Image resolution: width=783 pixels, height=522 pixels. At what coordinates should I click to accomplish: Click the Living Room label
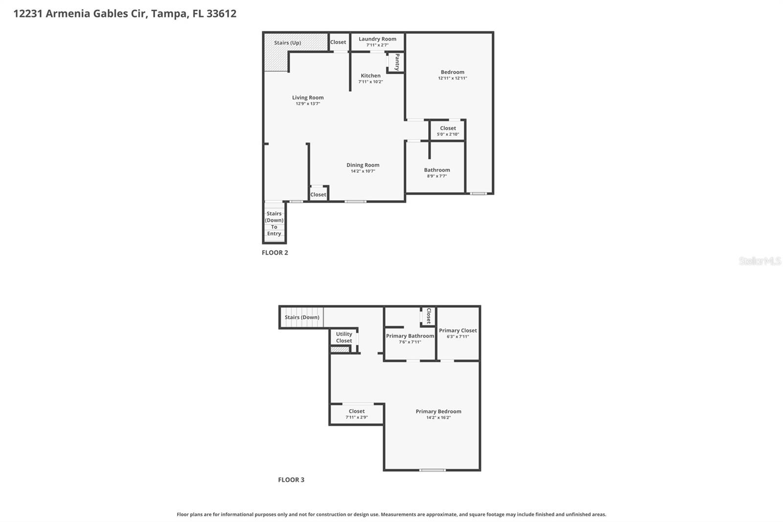tap(308, 97)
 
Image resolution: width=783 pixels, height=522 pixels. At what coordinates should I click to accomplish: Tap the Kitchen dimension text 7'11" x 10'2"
tap(370, 82)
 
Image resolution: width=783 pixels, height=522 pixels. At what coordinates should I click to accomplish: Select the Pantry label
tap(397, 62)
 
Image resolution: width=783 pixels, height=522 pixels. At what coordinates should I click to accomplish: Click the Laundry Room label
tap(377, 39)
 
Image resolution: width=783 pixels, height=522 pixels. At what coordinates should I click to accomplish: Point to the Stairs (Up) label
tap(287, 43)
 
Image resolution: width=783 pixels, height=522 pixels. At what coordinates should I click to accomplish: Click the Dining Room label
tap(363, 165)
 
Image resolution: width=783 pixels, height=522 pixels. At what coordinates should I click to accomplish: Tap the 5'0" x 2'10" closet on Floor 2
tap(448, 131)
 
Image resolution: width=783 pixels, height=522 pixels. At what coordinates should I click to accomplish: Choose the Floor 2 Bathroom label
tap(437, 170)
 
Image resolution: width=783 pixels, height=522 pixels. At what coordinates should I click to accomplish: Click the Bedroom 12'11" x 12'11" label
tap(452, 72)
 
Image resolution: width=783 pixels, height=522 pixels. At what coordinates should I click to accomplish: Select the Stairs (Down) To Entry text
tap(274, 223)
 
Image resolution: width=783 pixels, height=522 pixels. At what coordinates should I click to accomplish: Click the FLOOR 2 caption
tap(275, 253)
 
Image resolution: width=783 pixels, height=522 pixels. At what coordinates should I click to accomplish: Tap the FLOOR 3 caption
tap(291, 480)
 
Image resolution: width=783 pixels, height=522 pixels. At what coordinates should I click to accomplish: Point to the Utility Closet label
tap(344, 337)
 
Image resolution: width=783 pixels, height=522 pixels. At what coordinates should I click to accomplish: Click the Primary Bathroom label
tap(410, 336)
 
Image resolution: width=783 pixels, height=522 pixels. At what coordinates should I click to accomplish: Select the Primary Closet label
tap(458, 331)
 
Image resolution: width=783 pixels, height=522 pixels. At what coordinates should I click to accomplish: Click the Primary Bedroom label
tap(438, 411)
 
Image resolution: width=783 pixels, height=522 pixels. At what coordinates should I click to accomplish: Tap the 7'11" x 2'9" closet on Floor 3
tap(357, 414)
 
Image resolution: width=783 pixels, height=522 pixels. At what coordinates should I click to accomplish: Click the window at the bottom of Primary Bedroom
tap(433, 470)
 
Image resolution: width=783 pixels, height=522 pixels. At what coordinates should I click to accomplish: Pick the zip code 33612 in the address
tap(221, 13)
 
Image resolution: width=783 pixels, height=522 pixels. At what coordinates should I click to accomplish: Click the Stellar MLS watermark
tap(760, 261)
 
